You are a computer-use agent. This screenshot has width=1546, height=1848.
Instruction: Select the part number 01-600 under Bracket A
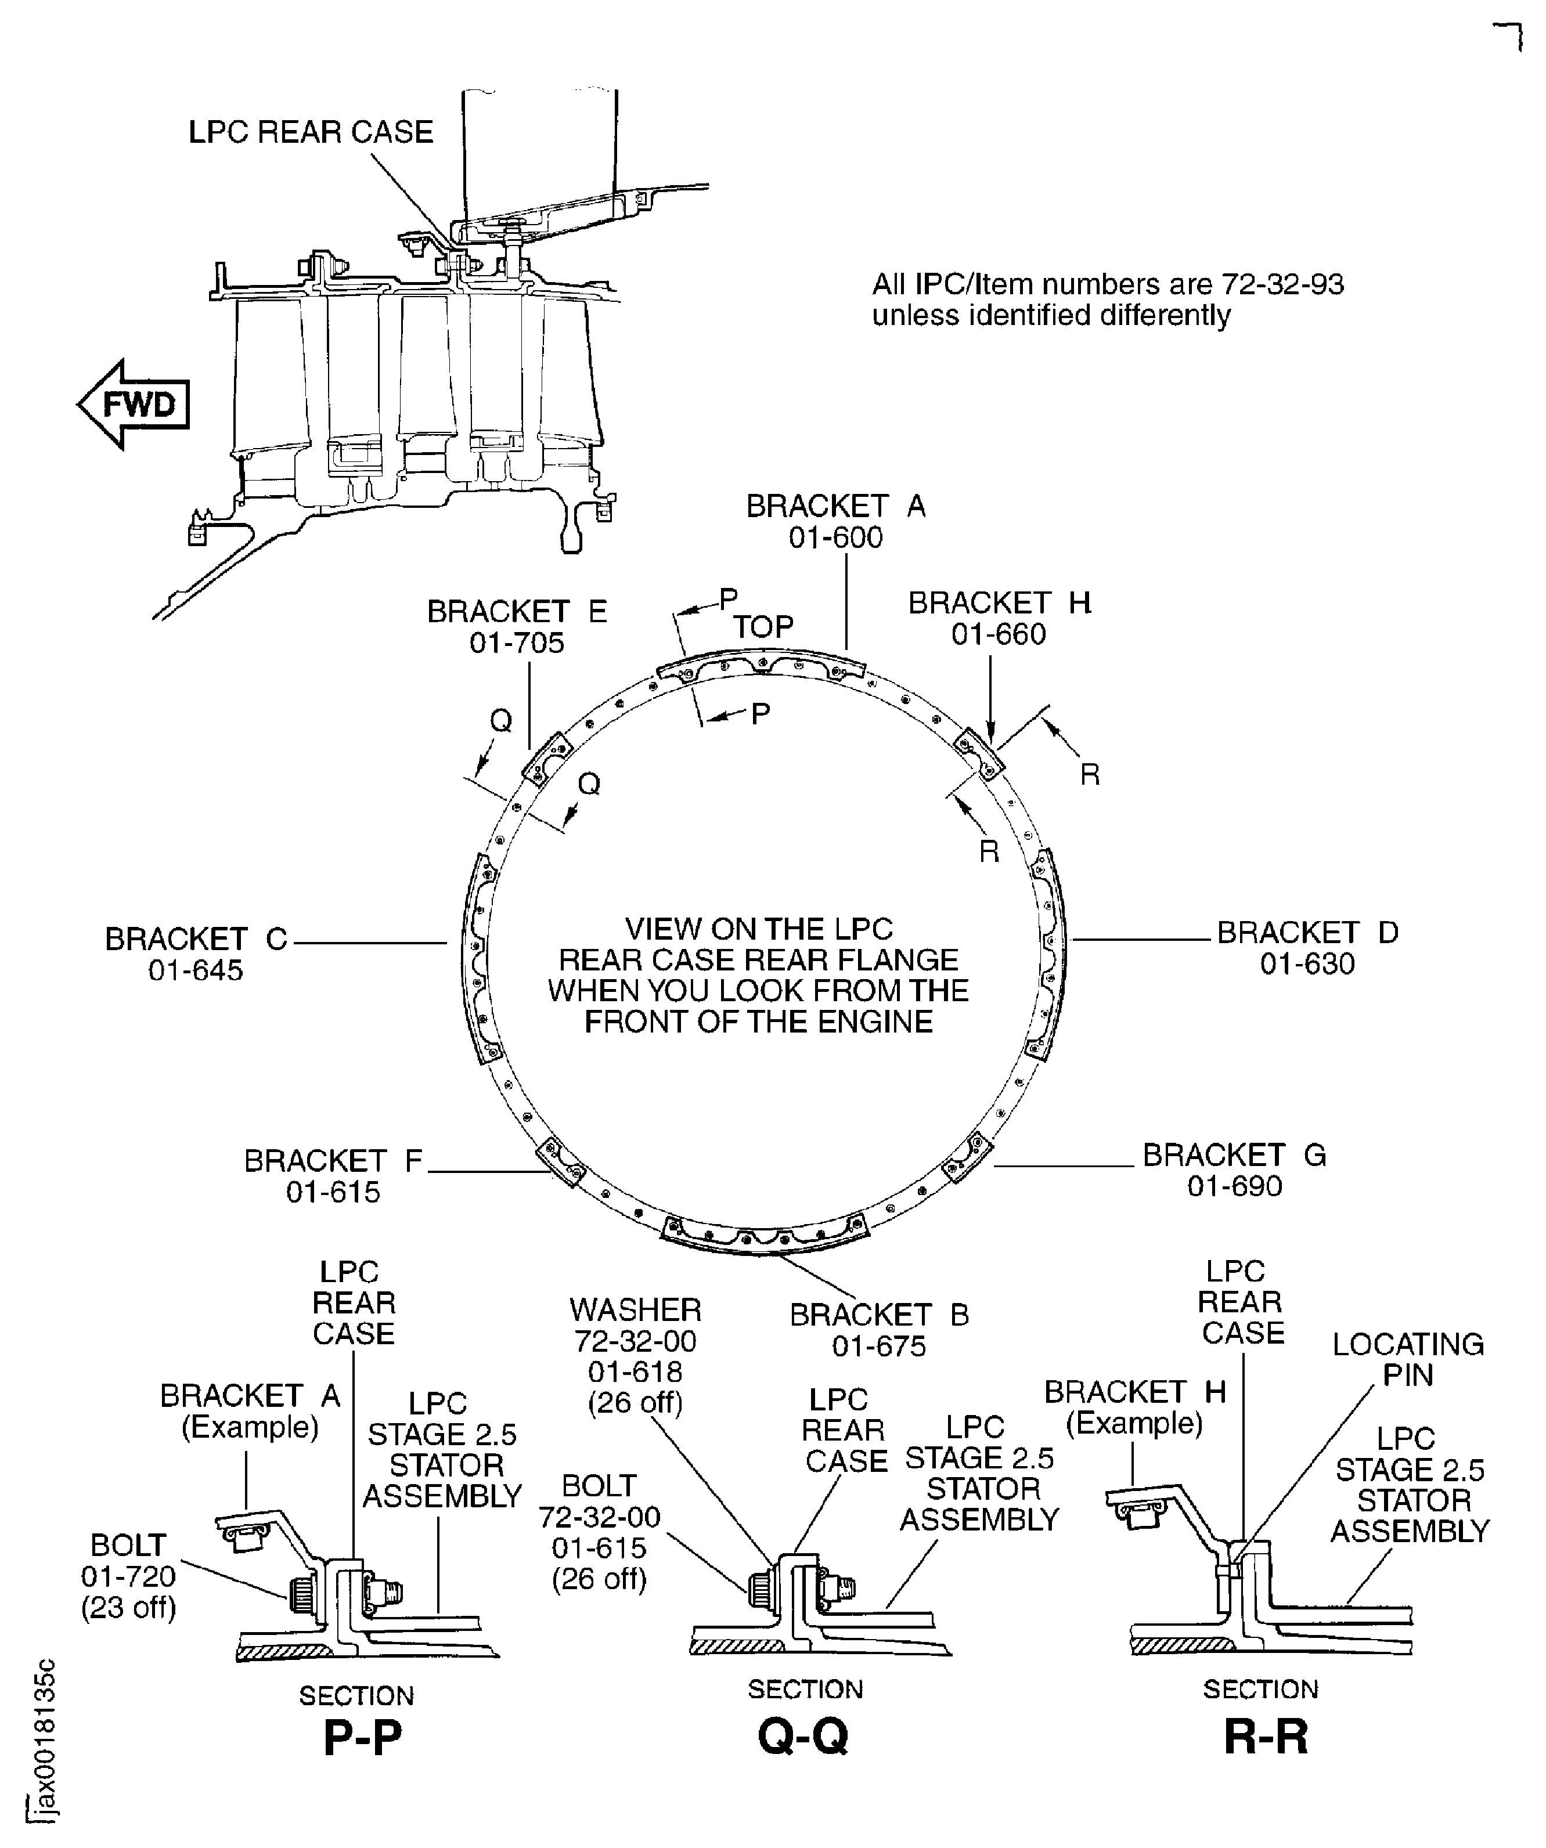coord(835,537)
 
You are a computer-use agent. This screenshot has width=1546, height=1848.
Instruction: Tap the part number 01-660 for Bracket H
coord(999,634)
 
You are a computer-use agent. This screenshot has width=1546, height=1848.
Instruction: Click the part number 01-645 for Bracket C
coord(196,970)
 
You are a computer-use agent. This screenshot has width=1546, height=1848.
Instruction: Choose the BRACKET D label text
coord(1307,933)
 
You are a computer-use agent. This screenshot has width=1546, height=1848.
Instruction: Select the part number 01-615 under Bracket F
coord(333,1192)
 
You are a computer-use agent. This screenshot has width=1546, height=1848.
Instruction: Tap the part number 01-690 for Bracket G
coord(1234,1186)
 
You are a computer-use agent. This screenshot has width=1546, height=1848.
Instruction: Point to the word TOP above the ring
coord(763,627)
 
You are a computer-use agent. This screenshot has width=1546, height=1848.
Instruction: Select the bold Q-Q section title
coord(803,1736)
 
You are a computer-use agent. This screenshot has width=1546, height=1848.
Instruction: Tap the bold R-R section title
coord(1265,1736)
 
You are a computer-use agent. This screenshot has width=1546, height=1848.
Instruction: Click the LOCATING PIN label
coord(1408,1360)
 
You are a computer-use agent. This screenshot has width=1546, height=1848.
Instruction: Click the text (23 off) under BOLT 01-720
coord(128,1608)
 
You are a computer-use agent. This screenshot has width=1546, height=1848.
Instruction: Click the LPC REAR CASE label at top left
coord(311,132)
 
